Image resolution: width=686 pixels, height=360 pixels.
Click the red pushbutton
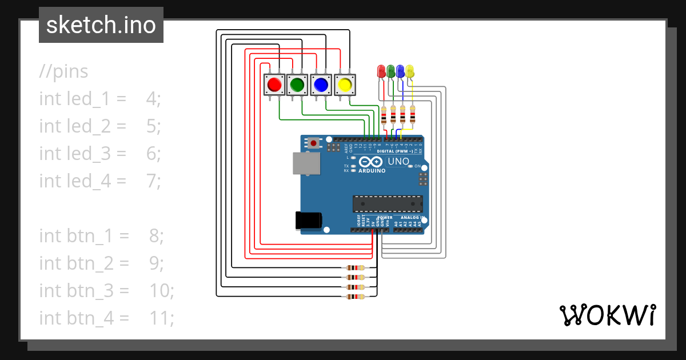[x=274, y=85]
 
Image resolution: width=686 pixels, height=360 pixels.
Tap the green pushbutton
[x=297, y=85]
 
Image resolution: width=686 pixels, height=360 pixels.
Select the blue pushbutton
[x=321, y=85]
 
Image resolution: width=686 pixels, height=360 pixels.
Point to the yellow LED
[x=410, y=71]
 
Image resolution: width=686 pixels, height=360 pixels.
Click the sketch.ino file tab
[x=101, y=25]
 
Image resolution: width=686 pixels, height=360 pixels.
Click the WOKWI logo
[x=607, y=315]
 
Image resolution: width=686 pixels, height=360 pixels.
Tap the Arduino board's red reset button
[x=313, y=142]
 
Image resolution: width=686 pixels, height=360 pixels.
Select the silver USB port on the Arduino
[x=307, y=163]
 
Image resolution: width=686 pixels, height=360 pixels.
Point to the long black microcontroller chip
[x=388, y=203]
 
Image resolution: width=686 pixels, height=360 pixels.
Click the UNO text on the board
[x=398, y=162]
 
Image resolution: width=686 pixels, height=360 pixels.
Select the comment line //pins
[x=64, y=71]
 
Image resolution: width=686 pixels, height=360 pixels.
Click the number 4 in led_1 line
[x=151, y=99]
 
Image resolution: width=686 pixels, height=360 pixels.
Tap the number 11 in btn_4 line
[x=161, y=317]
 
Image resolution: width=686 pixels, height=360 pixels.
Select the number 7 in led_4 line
[x=151, y=181]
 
